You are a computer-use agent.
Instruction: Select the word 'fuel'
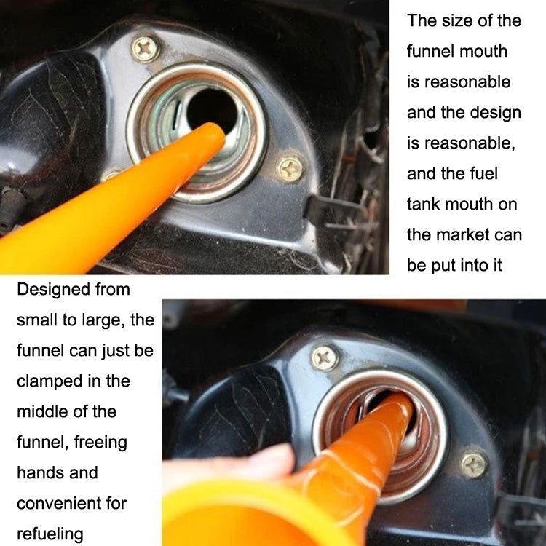[482, 173]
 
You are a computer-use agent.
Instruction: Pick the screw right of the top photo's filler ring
[290, 170]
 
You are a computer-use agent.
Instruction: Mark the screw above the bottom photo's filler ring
[325, 357]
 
